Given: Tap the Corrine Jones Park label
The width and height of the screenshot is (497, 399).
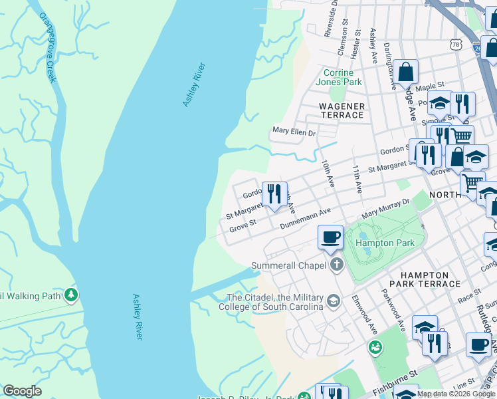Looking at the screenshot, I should click(342, 77).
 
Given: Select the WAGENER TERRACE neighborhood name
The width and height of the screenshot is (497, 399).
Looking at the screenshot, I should click(342, 110).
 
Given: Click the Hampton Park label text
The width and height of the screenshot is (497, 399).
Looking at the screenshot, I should click(385, 243).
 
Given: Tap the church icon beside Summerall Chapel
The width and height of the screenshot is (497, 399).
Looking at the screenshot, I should click(337, 265).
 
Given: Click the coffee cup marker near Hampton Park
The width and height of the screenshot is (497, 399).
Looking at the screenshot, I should click(330, 237).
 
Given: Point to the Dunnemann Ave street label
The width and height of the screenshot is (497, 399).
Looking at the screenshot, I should click(305, 218).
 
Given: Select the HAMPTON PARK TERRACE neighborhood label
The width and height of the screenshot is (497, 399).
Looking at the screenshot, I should click(431, 279).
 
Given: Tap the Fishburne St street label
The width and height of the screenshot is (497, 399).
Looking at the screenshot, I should click(393, 380).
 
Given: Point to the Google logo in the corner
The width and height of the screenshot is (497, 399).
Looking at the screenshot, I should click(23, 391).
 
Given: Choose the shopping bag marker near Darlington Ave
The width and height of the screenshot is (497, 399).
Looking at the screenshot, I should click(405, 71).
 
